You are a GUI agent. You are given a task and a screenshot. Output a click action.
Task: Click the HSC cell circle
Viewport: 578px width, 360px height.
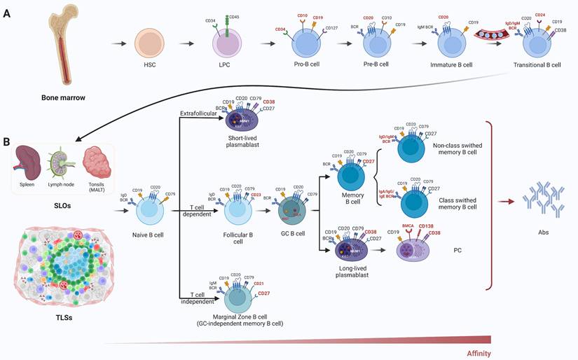[149, 43]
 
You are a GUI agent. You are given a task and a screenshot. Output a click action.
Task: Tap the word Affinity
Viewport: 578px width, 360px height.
[479, 353]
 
